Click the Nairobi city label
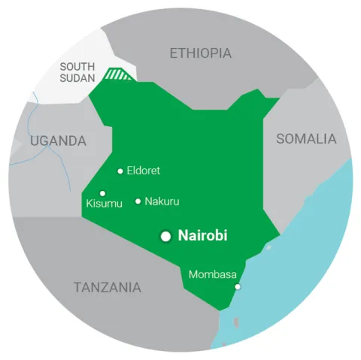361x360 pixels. [x=203, y=235]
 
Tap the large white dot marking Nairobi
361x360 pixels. [x=166, y=236]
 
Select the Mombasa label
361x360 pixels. [x=213, y=274]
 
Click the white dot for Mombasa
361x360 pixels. [x=238, y=286]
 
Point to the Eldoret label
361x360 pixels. [x=144, y=171]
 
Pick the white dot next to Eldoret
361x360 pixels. [x=120, y=171]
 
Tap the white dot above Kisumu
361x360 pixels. [x=103, y=193]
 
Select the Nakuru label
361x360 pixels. [x=162, y=201]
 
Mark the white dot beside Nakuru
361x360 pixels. [x=138, y=201]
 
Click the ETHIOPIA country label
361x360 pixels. [x=201, y=53]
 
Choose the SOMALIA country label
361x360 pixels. [x=306, y=139]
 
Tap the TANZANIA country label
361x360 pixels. [x=107, y=287]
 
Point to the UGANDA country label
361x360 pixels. [x=58, y=141]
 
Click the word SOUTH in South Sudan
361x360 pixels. [x=77, y=66]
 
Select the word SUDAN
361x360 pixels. [x=77, y=79]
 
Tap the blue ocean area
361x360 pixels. [x=301, y=248]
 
